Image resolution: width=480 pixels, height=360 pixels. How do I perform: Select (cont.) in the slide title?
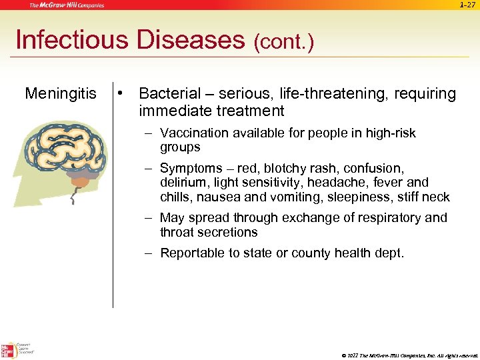tap(283, 42)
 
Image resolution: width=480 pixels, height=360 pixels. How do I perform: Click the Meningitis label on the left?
tap(60, 94)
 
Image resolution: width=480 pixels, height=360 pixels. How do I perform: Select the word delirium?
tap(181, 183)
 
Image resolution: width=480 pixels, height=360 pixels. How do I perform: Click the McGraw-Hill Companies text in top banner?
tap(67, 5)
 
